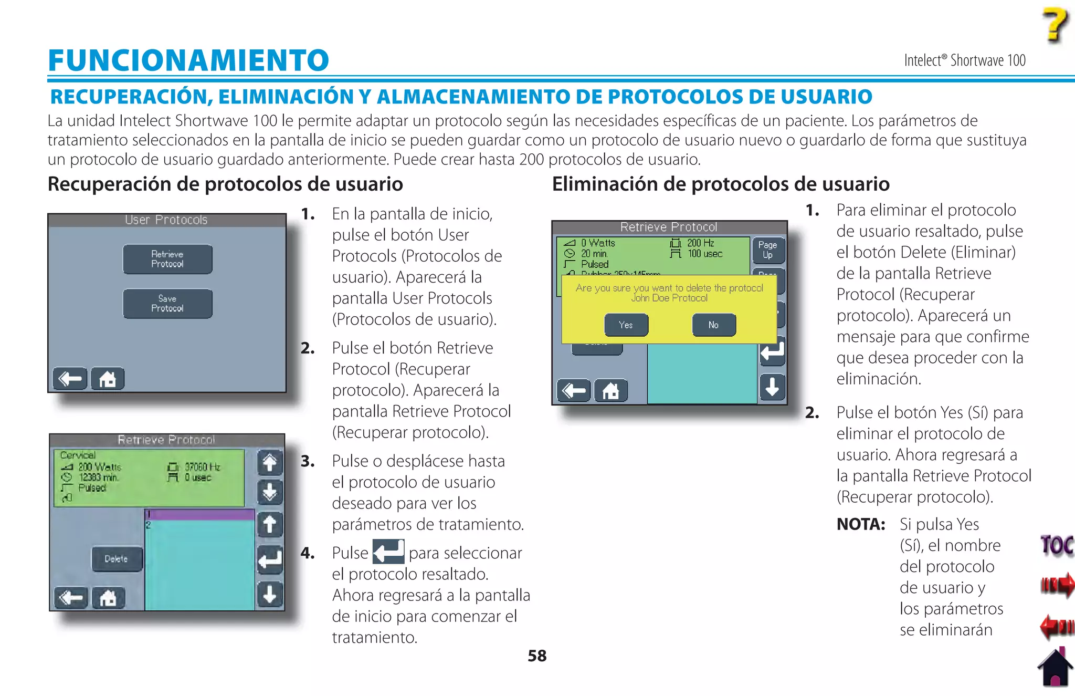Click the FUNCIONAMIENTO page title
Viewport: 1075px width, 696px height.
pyautogui.click(x=188, y=60)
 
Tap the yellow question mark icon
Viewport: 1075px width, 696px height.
pyautogui.click(x=1055, y=25)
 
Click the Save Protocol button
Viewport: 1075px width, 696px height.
pyautogui.click(x=167, y=304)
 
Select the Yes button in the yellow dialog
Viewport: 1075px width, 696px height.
pyautogui.click(x=626, y=325)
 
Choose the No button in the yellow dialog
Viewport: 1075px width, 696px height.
pyautogui.click(x=713, y=325)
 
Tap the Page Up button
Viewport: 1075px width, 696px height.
pyautogui.click(x=767, y=250)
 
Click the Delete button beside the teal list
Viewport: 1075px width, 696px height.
pyautogui.click(x=116, y=559)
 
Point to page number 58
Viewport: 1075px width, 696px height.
pyautogui.click(x=537, y=656)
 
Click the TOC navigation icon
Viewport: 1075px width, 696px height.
pyautogui.click(x=1056, y=545)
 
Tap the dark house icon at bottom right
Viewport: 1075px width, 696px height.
pyautogui.click(x=1056, y=668)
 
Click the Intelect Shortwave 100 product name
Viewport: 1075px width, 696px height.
pyautogui.click(x=964, y=60)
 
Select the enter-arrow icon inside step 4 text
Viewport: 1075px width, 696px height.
pyautogui.click(x=388, y=552)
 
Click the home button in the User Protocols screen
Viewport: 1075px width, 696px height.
pyautogui.click(x=108, y=379)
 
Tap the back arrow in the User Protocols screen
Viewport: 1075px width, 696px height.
pyautogui.click(x=70, y=379)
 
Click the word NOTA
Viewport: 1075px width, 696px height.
pyautogui.click(x=861, y=524)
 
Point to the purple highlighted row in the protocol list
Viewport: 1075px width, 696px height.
pyautogui.click(x=199, y=514)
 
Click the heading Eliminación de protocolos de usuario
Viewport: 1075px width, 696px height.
pyautogui.click(x=721, y=184)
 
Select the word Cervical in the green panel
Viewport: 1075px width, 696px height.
pyautogui.click(x=78, y=455)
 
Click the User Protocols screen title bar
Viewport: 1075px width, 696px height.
pyautogui.click(x=166, y=220)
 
